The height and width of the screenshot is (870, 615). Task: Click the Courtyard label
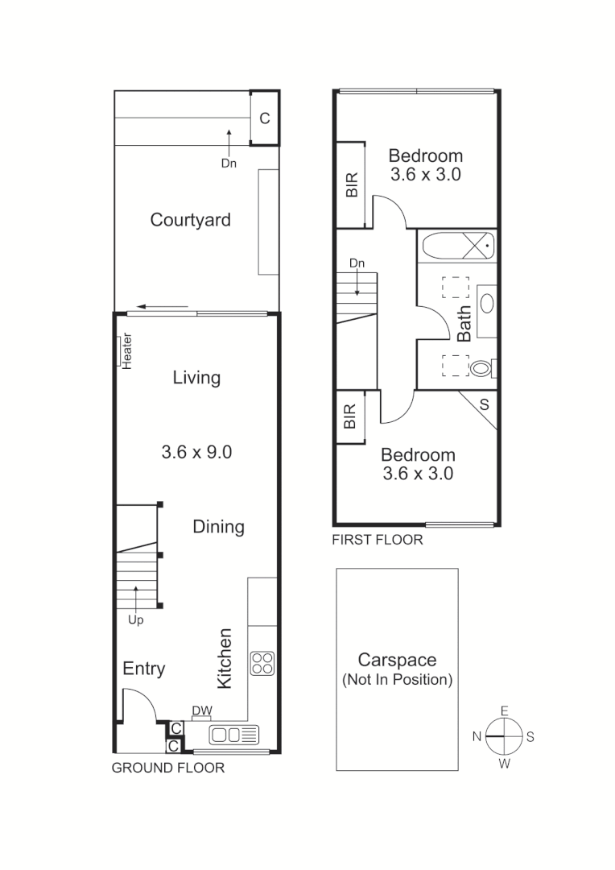(x=191, y=220)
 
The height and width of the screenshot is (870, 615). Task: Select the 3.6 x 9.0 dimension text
(x=196, y=453)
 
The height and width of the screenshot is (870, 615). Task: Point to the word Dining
(x=218, y=527)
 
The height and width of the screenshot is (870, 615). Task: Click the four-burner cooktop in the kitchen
(x=262, y=663)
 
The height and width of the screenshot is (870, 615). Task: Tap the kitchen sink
(x=234, y=735)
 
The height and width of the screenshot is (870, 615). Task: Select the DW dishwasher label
(x=201, y=710)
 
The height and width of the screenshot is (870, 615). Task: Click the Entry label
(x=144, y=669)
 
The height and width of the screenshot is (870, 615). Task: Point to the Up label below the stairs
(x=135, y=620)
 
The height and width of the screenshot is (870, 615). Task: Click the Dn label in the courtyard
(x=229, y=163)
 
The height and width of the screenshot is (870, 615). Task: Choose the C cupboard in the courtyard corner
(x=264, y=118)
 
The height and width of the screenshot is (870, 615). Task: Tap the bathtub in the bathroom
(x=456, y=245)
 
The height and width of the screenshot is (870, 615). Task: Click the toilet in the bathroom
(x=481, y=369)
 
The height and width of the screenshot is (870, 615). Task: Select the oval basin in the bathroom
(x=486, y=304)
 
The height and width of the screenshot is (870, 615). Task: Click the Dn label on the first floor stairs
(x=357, y=263)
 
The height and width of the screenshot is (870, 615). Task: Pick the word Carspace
(x=397, y=661)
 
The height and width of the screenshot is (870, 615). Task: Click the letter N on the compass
(x=477, y=736)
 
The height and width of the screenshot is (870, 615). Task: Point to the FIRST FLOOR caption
(x=378, y=540)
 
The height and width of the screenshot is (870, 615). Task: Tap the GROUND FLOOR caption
(x=167, y=768)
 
